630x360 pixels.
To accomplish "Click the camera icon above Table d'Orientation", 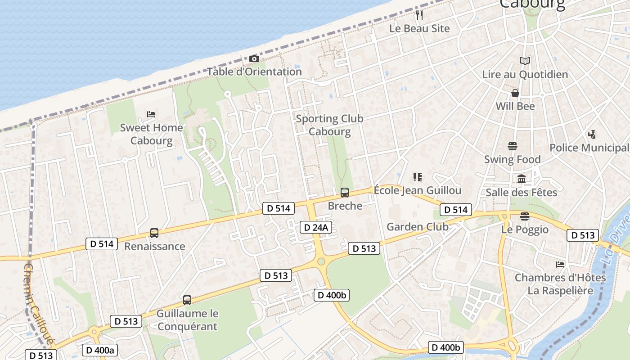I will click(254, 59).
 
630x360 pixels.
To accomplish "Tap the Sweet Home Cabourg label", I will click(151, 134).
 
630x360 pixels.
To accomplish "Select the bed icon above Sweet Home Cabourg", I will click(151, 114).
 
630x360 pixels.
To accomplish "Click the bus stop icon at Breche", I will click(345, 193).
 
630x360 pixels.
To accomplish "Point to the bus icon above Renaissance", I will click(154, 233).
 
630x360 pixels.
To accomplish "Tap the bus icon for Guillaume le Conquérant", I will click(187, 300).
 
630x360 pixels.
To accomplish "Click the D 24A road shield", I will click(316, 228).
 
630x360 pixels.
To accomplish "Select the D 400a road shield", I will click(100, 350).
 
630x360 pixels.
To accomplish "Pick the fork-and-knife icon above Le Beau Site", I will click(419, 15).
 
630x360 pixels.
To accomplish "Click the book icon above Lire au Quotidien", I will click(525, 61).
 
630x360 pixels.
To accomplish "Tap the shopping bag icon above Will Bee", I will click(515, 93).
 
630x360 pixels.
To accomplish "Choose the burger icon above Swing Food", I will click(513, 146).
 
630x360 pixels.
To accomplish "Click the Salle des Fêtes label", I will click(522, 193).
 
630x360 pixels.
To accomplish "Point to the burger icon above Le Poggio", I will click(525, 216).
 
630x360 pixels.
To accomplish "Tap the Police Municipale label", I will click(589, 148).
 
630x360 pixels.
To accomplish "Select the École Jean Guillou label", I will click(418, 190).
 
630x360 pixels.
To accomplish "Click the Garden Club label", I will click(418, 227).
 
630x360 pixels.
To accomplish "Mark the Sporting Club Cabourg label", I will click(329, 125).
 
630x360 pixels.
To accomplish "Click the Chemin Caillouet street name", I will click(39, 304).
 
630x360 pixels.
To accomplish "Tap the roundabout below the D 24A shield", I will click(321, 261).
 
